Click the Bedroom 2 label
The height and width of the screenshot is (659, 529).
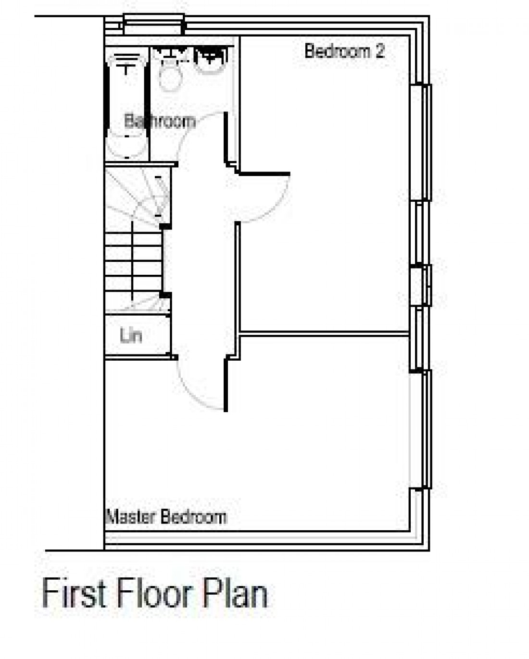[344, 51]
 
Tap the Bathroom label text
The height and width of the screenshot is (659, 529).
[160, 121]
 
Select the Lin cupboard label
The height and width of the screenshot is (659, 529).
[131, 335]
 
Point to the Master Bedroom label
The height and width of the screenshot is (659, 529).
[166, 517]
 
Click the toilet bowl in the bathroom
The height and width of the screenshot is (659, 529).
[169, 77]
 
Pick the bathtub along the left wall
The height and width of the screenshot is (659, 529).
[126, 106]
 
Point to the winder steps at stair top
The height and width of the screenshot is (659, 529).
[137, 197]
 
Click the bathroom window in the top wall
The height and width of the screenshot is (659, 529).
[153, 24]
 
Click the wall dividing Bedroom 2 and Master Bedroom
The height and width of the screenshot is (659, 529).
[325, 333]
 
